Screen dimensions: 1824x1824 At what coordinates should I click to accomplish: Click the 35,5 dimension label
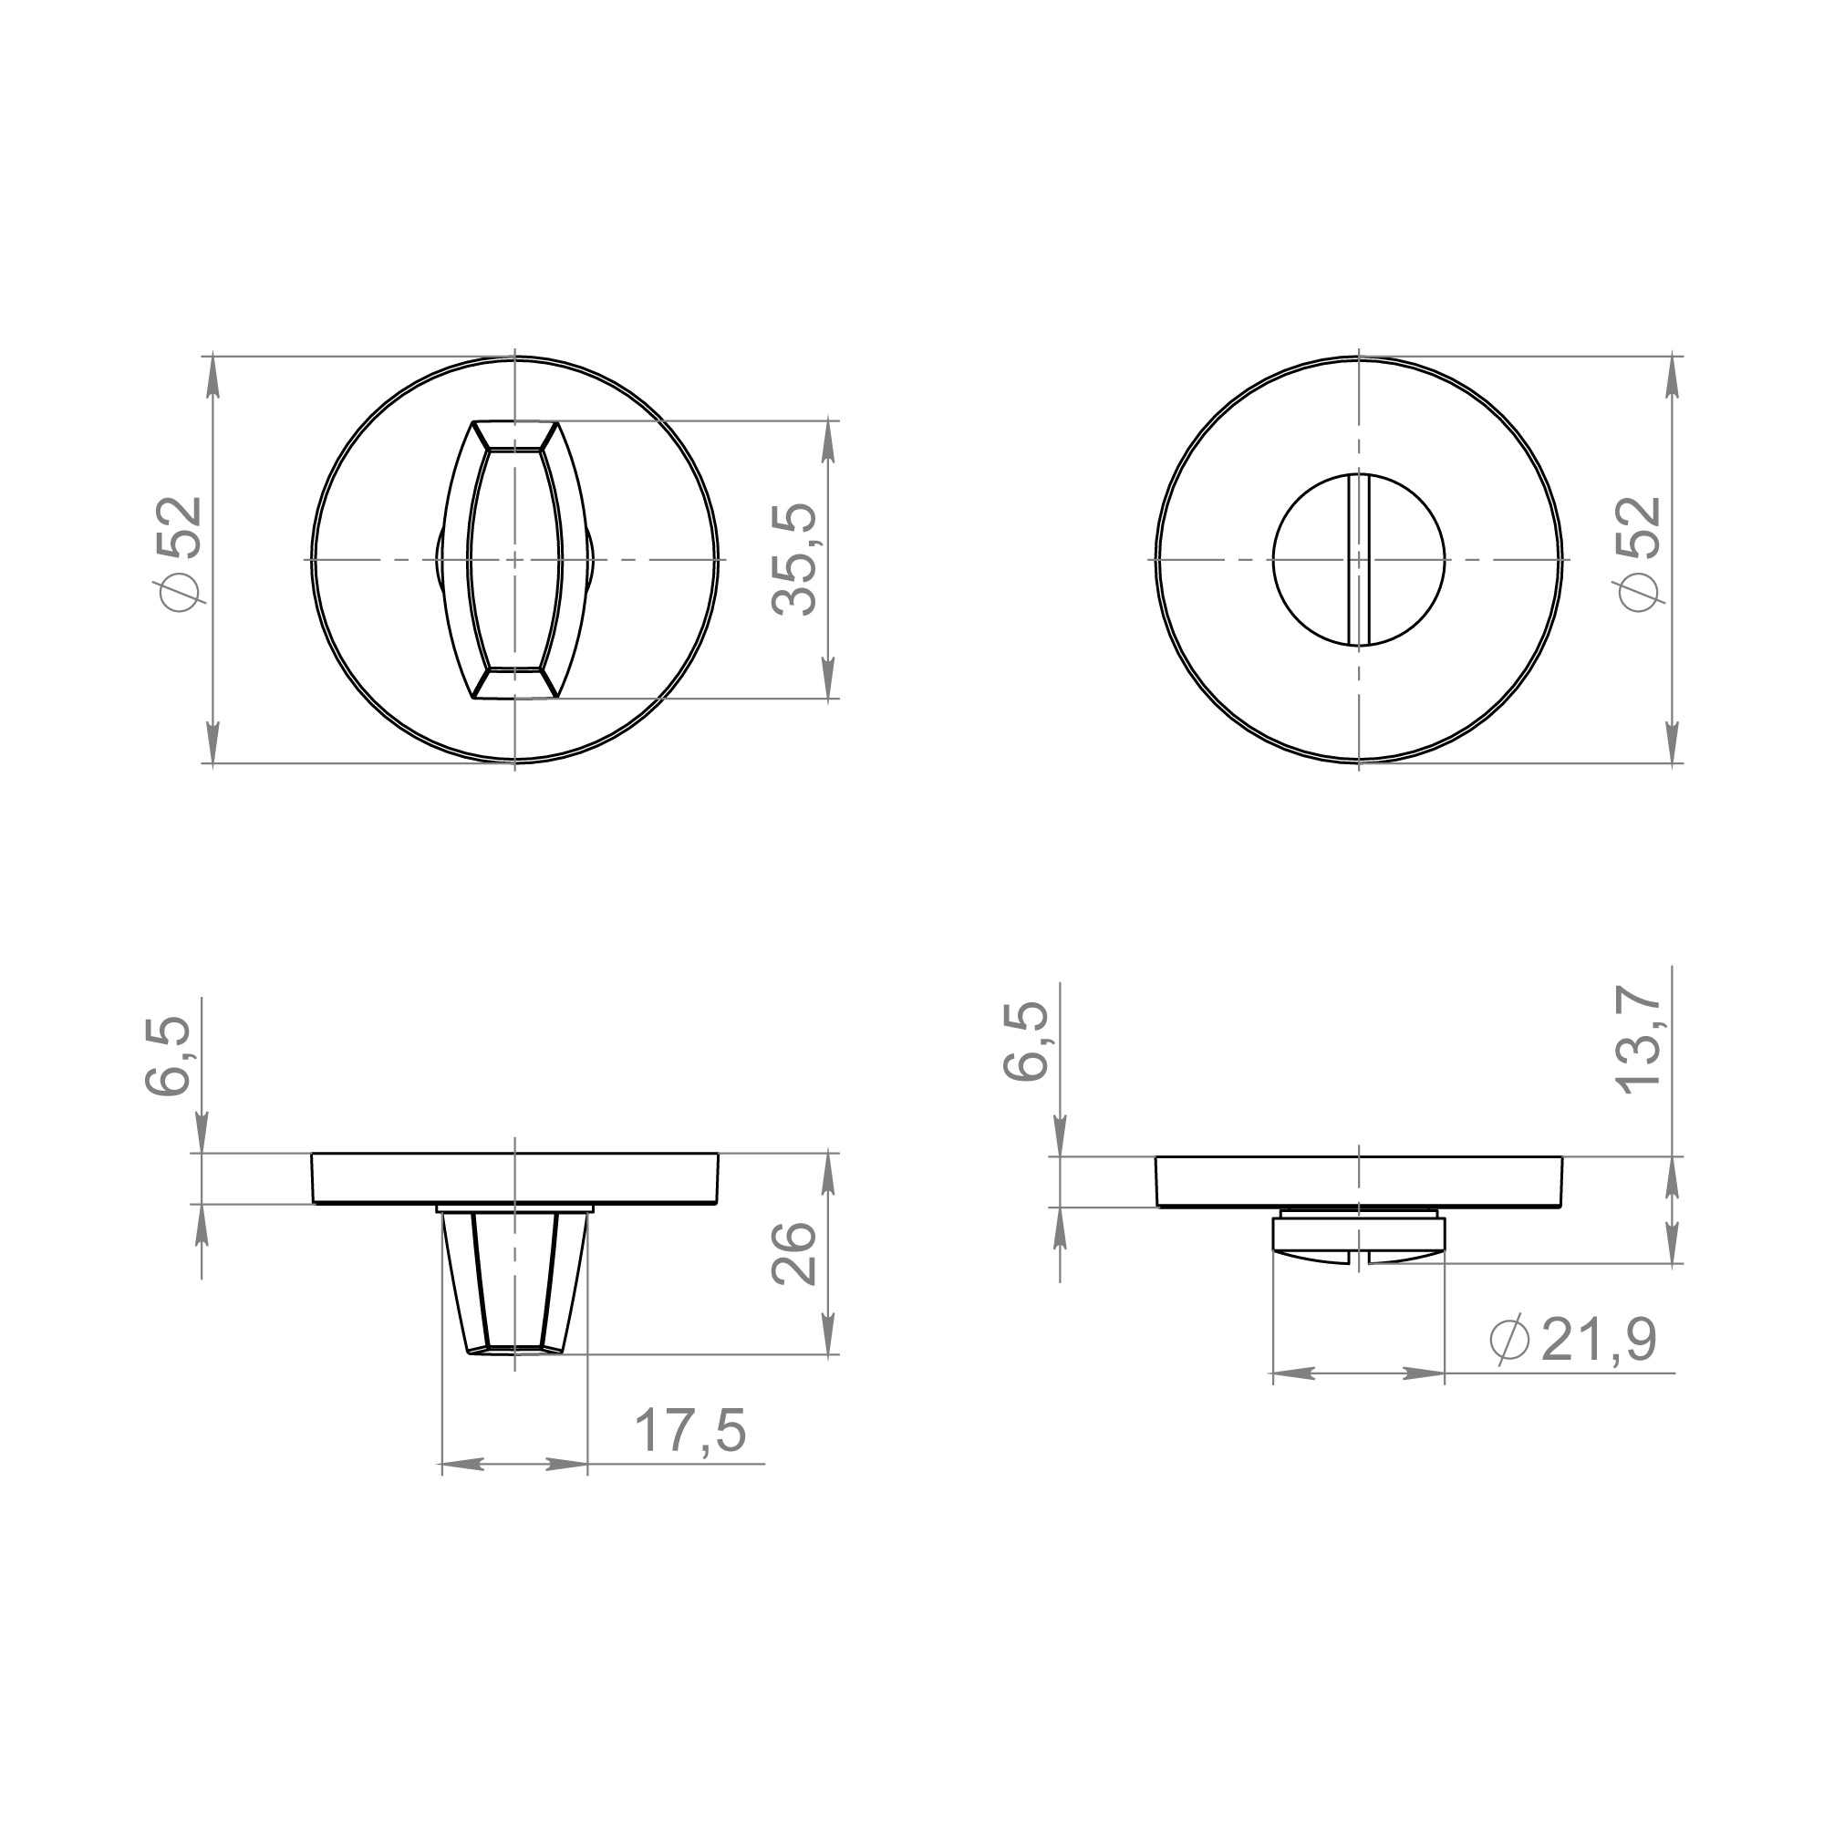click(794, 560)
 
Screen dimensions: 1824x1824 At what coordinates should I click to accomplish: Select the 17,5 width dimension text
click(690, 1430)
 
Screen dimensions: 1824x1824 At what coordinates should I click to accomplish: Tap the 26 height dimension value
click(794, 1254)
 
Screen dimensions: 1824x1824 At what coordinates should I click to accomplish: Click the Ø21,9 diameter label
click(1573, 1340)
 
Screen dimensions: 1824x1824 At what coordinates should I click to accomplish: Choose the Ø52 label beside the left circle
click(181, 554)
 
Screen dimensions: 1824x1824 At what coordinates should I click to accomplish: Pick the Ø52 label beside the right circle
click(1639, 554)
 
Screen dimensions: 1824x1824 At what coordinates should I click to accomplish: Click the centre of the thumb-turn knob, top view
click(514, 560)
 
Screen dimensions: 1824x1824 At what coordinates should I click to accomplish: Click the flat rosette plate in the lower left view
click(514, 1178)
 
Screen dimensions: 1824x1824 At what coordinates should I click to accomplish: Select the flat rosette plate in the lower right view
click(1358, 1181)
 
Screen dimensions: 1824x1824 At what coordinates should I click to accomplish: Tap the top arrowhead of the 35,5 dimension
click(829, 438)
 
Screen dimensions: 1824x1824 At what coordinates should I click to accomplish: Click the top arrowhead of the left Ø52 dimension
click(212, 374)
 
